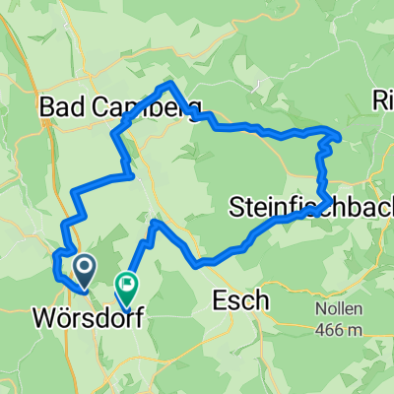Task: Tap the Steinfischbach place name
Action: pos(310,208)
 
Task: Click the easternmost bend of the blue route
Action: pos(340,135)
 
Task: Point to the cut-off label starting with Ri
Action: pos(383,101)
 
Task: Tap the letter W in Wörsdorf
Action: pos(44,320)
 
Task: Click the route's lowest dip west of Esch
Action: pos(199,264)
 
